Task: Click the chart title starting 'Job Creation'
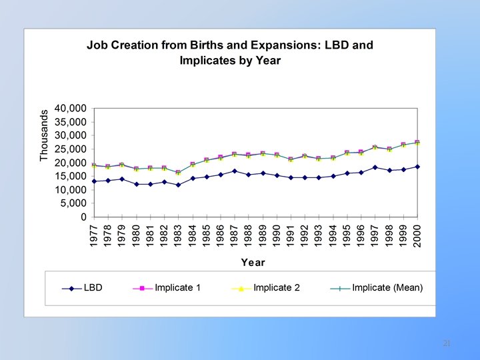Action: [230, 53]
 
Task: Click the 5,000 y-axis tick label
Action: [72, 203]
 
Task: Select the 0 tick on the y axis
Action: [83, 217]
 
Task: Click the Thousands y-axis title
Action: [45, 135]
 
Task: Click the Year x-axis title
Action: [253, 263]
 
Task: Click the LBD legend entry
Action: [93, 288]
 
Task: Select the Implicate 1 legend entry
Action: [177, 288]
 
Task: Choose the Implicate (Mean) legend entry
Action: [387, 288]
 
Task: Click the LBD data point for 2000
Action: [417, 167]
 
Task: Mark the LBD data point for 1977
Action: [94, 181]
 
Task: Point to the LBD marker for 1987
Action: [234, 171]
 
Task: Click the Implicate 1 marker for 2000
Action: [417, 143]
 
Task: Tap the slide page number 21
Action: [447, 343]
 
